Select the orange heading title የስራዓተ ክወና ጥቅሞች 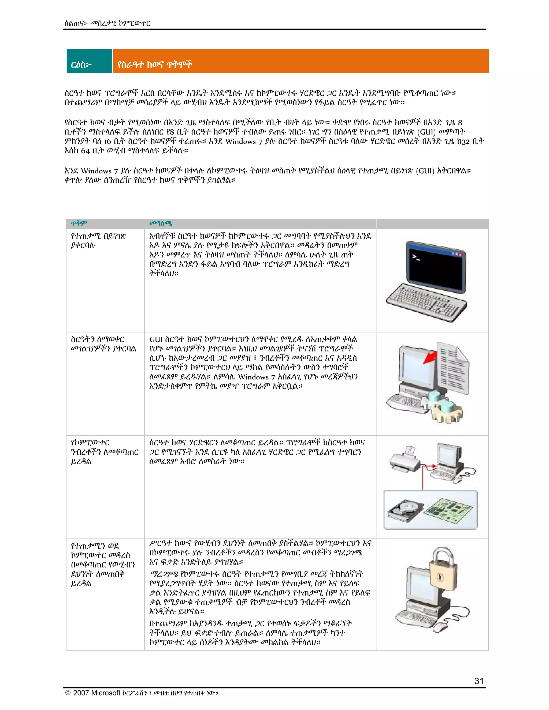[x=155, y=64]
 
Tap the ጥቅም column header [x=79, y=223]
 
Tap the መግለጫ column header [x=160, y=223]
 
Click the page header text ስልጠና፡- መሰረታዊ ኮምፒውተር [x=107, y=23]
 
